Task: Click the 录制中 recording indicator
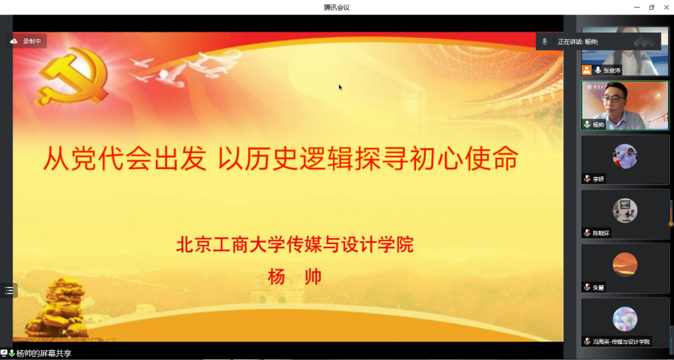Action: coord(27,41)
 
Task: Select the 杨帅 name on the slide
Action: coord(295,276)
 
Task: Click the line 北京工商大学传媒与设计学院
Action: coord(295,245)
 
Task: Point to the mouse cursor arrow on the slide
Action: coord(340,88)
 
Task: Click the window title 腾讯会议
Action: coord(336,7)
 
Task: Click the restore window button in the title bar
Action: coord(651,7)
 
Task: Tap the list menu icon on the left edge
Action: coord(9,290)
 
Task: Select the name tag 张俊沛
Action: coord(612,70)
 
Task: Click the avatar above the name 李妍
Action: coord(624,156)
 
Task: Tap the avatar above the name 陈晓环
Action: coord(624,211)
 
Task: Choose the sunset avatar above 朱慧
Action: coord(624,265)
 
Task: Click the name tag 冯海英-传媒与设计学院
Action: coord(621,342)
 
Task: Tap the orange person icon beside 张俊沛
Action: coord(586,70)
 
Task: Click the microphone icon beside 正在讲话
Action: coord(545,42)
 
